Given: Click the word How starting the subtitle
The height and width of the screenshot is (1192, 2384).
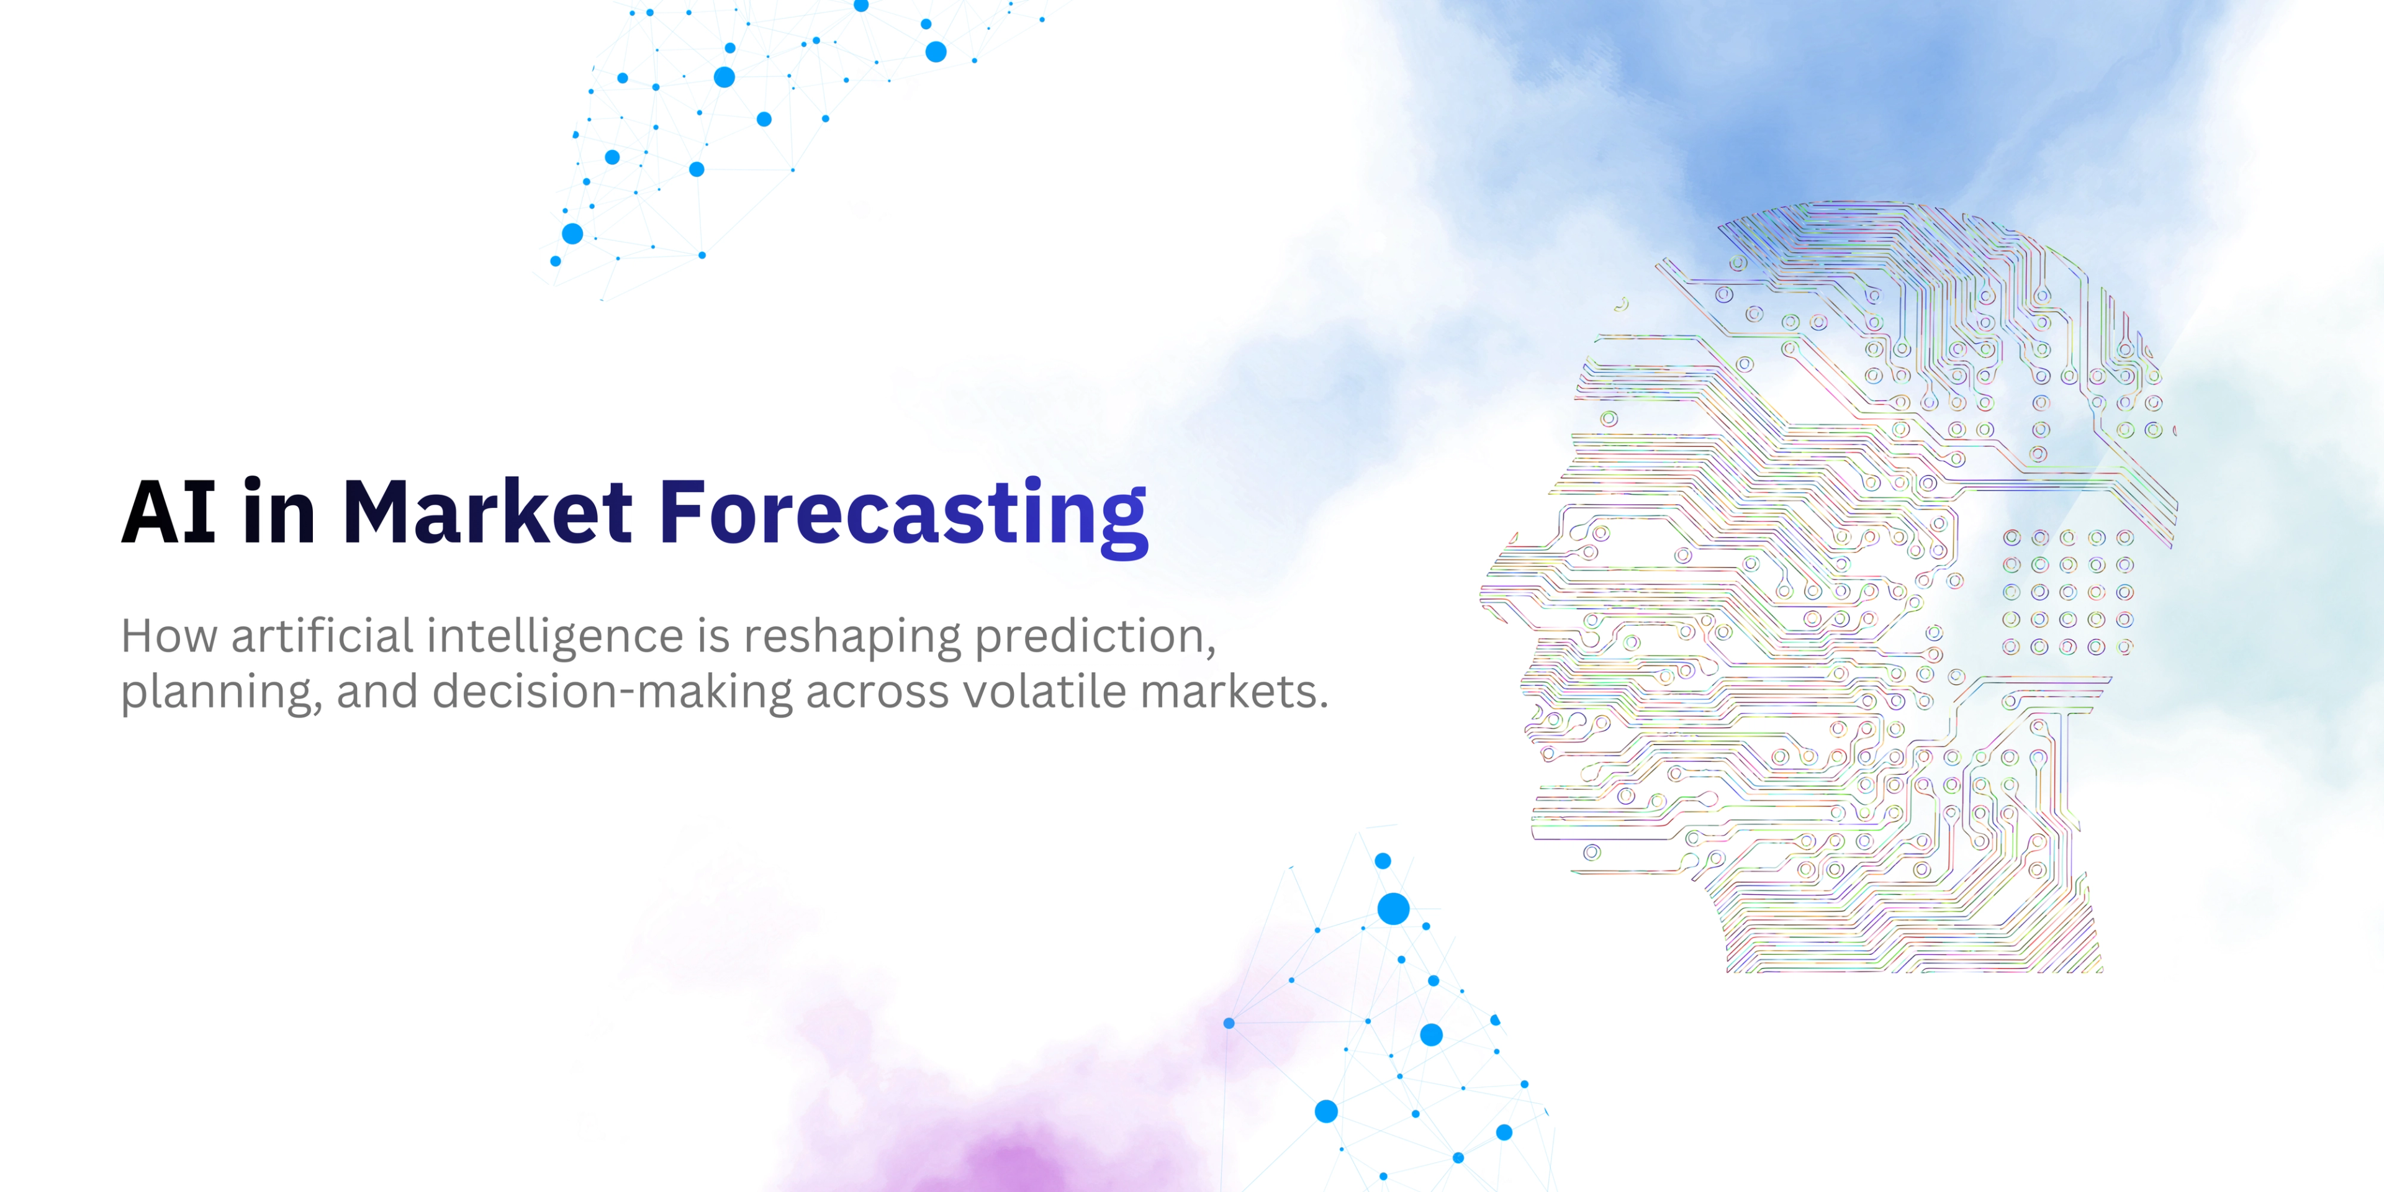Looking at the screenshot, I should coord(168,637).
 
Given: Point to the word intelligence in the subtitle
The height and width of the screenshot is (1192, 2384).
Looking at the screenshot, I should coord(554,637).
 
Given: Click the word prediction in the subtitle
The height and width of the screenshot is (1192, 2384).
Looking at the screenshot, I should coord(1094,637).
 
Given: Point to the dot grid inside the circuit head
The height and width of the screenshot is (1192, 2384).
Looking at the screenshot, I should coord(2067,592).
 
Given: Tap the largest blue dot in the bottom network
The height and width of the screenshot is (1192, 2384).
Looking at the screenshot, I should coord(1393,909).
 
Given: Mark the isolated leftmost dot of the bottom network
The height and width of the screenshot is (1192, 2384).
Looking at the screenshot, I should coord(1229,1023).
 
